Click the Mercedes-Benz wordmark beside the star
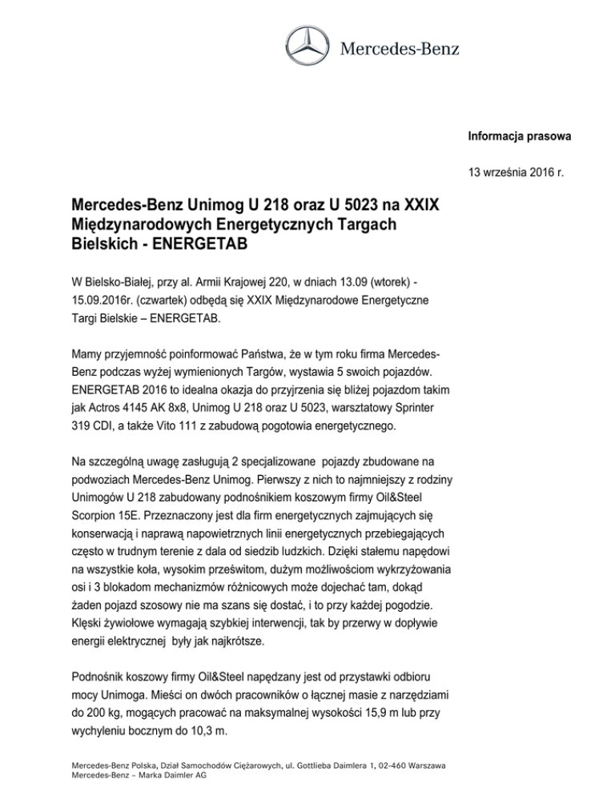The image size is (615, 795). (x=400, y=48)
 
